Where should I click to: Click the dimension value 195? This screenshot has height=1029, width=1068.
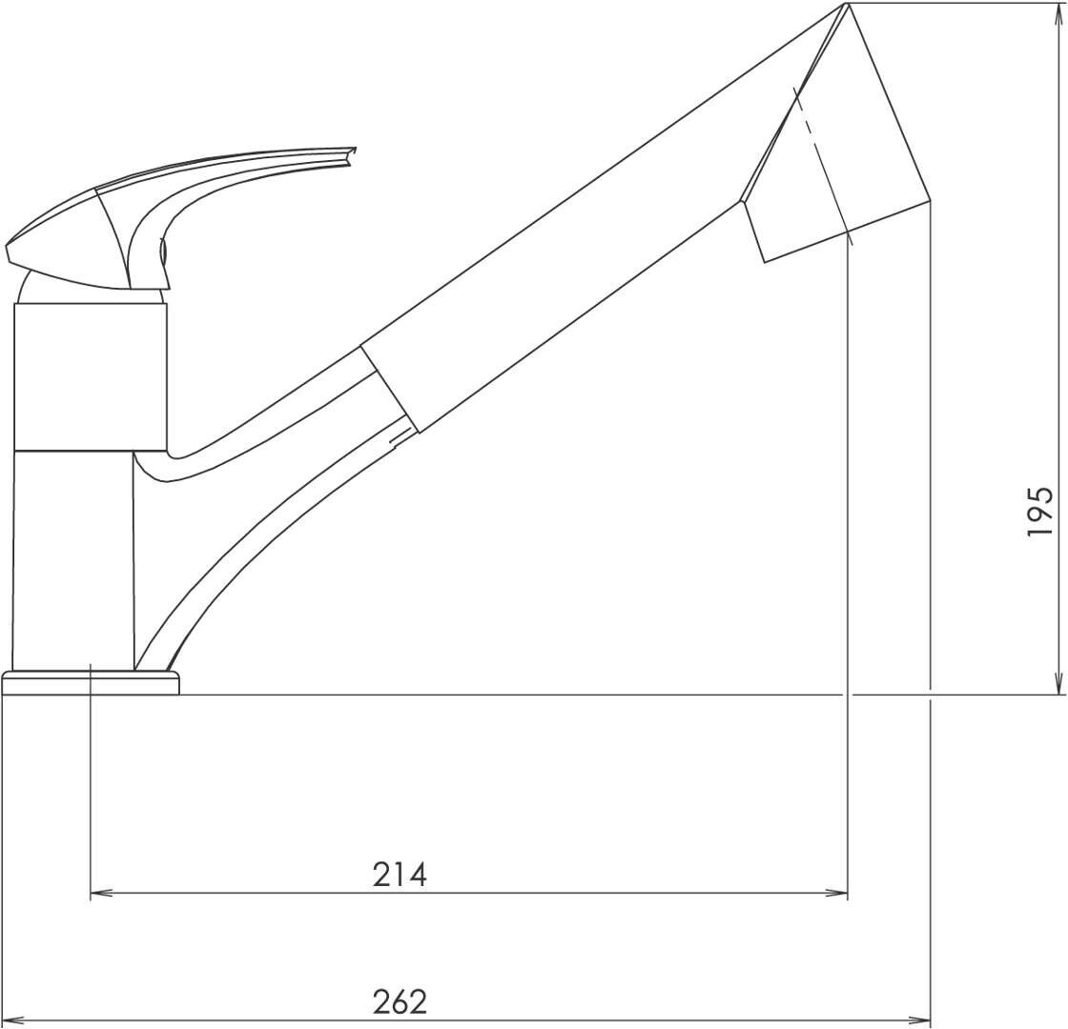point(1040,511)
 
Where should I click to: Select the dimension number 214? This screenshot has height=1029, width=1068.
point(400,875)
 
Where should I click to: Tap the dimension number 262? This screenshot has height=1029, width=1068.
point(400,1001)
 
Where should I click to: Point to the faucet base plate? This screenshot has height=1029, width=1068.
point(91,682)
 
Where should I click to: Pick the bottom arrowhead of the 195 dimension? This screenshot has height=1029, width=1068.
point(1058,682)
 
